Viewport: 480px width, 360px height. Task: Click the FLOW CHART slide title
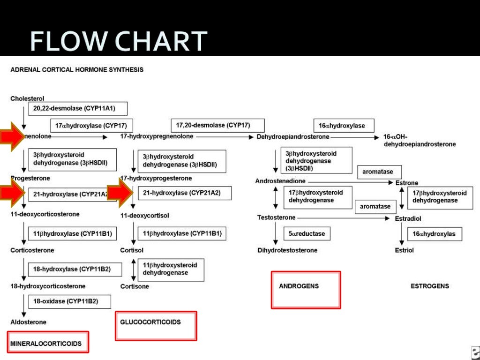point(119,41)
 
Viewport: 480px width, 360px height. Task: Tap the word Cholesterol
point(27,99)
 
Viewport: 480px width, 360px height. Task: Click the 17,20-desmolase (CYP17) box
point(217,126)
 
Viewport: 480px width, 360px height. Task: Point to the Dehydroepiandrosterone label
point(293,137)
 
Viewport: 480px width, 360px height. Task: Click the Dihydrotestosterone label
point(287,250)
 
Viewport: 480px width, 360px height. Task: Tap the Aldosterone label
point(28,322)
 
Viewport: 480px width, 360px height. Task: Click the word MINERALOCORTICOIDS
point(46,344)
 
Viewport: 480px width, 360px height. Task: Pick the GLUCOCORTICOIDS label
point(150,322)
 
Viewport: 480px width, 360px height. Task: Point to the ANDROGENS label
point(299,286)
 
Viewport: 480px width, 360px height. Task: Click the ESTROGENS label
point(429,286)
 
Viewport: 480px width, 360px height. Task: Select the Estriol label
point(404,250)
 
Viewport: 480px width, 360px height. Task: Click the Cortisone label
point(135,286)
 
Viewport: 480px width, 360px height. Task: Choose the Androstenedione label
point(280,181)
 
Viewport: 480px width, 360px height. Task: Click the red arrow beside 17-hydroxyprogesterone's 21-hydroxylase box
point(121,193)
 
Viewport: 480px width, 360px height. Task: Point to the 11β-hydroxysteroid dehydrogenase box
point(171,269)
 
